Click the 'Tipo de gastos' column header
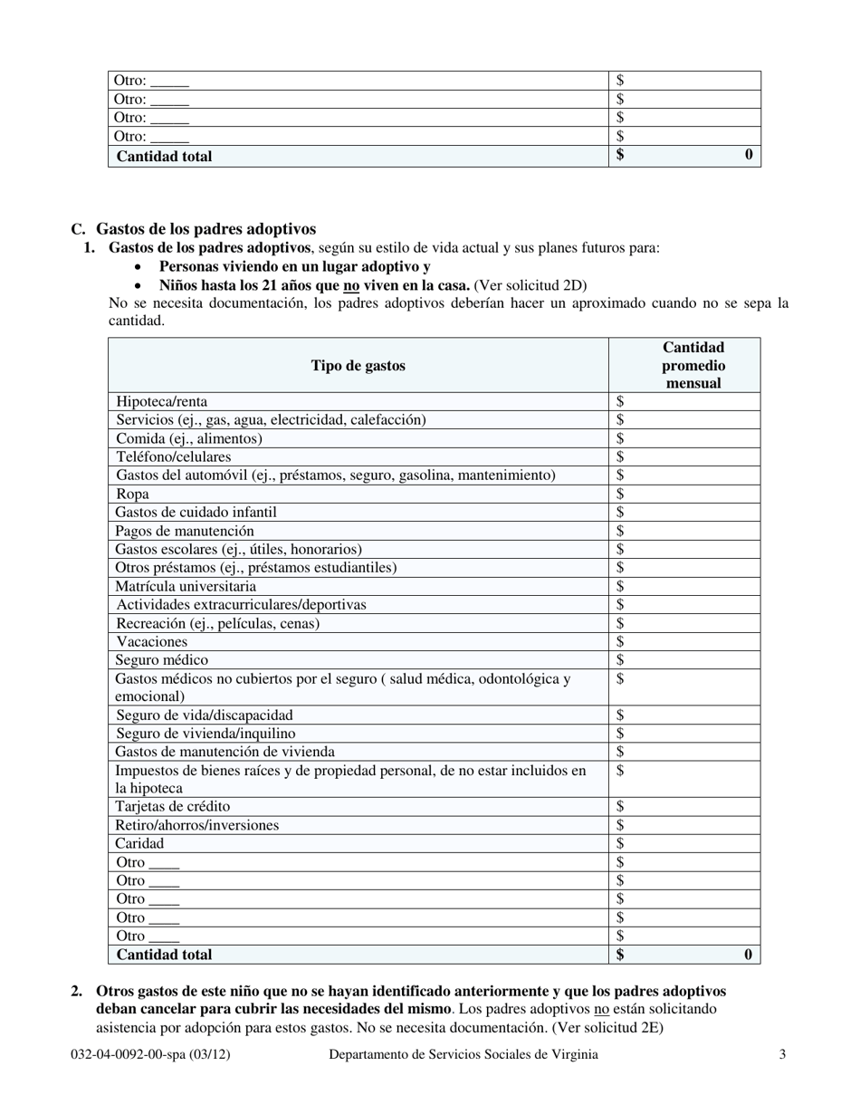click(x=358, y=366)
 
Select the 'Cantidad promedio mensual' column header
click(x=693, y=365)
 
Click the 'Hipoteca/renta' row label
click(x=161, y=401)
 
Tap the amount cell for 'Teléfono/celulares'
click(x=684, y=456)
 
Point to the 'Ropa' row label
click(x=132, y=494)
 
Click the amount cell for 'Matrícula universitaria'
click(x=684, y=586)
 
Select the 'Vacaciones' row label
click(x=151, y=641)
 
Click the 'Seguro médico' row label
click(x=161, y=660)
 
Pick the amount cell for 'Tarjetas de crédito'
click(x=684, y=806)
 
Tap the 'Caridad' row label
click(x=140, y=843)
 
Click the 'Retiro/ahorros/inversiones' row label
click(x=197, y=825)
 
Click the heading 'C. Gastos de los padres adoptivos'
click(x=194, y=229)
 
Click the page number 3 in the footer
click(x=782, y=1054)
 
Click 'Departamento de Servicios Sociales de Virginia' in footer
click(x=463, y=1054)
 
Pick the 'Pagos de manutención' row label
click(x=185, y=531)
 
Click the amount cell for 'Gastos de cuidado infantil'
click(x=684, y=512)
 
